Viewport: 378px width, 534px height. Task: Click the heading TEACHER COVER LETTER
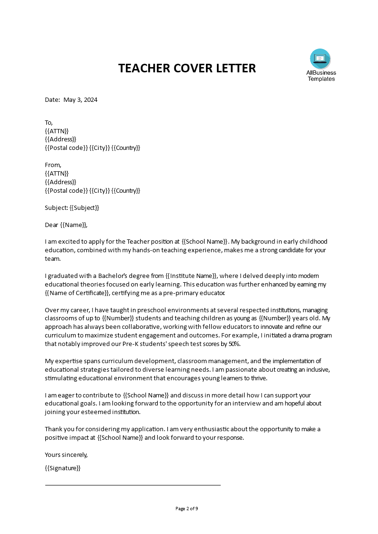pos(187,68)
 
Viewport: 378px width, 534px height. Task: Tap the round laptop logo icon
pos(320,59)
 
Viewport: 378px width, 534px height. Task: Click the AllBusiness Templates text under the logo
pos(321,76)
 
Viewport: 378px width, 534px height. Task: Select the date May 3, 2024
pos(80,100)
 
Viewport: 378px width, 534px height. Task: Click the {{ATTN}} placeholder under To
pos(57,131)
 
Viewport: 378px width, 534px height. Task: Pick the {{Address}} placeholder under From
pos(60,182)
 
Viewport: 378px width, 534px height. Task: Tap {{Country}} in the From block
pos(126,190)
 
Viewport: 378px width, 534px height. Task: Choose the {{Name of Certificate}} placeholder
pos(80,293)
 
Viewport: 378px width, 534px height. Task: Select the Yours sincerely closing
pos(66,455)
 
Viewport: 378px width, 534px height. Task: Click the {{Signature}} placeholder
pos(62,468)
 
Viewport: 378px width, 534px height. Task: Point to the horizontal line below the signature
pos(133,485)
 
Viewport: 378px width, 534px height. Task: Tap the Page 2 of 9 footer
pos(187,508)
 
